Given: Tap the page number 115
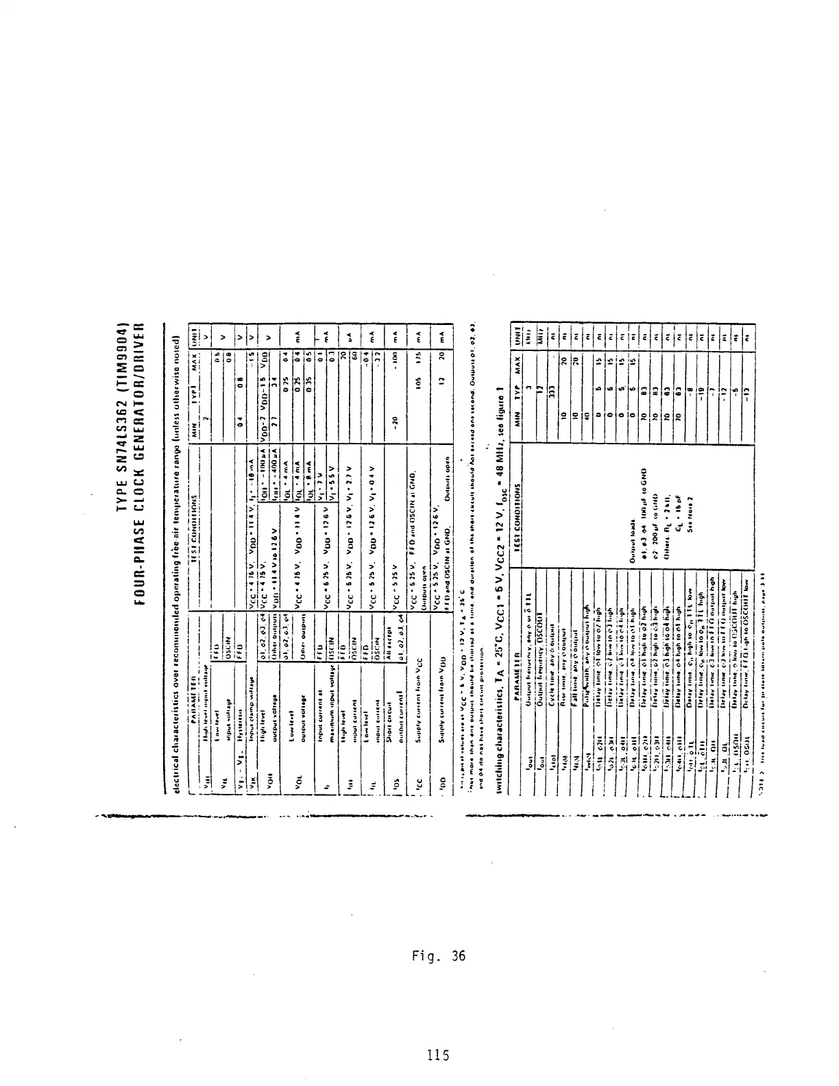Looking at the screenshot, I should click(437, 1055).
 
